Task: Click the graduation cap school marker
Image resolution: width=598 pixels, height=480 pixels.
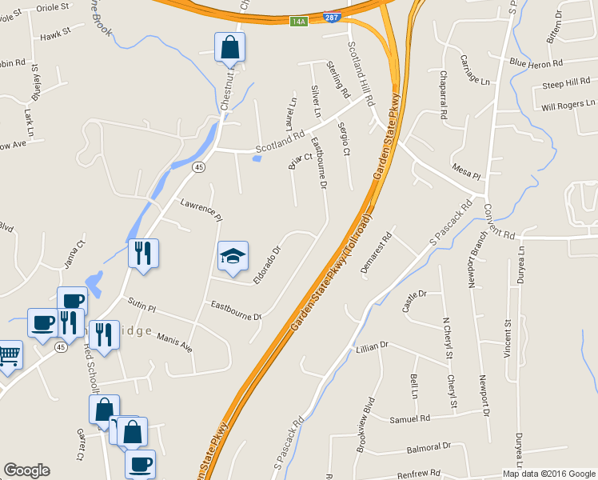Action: [x=233, y=257]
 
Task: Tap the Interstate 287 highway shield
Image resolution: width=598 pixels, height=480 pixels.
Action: [x=330, y=17]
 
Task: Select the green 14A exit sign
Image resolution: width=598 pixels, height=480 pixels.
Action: [x=298, y=22]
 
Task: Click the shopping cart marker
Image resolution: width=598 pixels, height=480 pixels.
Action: [x=8, y=354]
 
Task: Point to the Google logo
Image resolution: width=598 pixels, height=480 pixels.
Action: [x=26, y=470]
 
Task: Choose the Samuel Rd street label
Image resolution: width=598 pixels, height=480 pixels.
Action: [x=409, y=418]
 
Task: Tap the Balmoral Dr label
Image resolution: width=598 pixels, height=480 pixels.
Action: [x=429, y=446]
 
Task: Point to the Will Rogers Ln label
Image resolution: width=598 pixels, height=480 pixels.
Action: [x=568, y=105]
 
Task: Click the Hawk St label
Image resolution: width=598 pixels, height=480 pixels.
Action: [x=55, y=36]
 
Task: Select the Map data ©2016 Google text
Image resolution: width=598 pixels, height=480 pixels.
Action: [x=548, y=474]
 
